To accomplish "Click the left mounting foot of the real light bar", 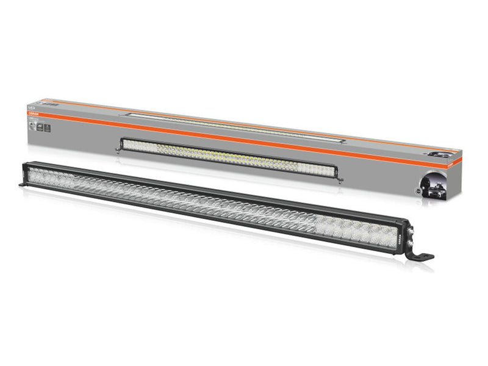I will coord(23,184).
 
